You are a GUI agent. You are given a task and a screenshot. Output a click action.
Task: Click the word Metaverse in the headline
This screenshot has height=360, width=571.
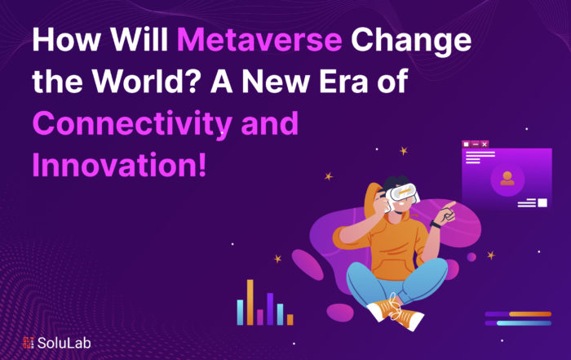tap(259, 39)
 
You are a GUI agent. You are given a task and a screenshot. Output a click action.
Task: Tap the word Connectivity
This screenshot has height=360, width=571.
tap(132, 124)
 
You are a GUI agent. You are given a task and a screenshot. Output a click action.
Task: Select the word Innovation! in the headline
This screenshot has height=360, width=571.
tap(119, 165)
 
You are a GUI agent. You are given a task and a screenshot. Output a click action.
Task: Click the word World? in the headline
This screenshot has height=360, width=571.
tap(146, 81)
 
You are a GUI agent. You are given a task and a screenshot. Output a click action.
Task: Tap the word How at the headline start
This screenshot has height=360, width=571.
tap(66, 39)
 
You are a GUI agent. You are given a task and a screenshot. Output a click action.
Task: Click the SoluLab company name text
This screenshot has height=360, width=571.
tap(64, 343)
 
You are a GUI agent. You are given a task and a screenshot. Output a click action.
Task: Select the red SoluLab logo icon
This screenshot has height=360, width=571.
tap(28, 343)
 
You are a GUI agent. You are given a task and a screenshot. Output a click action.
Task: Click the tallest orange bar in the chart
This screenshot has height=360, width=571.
tap(250, 302)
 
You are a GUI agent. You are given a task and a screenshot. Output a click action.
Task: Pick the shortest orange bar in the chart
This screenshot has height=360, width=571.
tap(290, 319)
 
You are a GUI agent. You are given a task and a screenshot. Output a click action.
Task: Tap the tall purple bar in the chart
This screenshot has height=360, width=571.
tap(270, 309)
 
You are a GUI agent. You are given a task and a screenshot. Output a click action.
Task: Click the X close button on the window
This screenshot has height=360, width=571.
tap(485, 144)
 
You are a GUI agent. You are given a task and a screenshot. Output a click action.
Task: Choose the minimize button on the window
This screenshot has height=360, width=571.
tap(476, 144)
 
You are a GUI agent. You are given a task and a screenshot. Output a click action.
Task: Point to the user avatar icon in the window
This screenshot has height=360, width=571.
tap(507, 179)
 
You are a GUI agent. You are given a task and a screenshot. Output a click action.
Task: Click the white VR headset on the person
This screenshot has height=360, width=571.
tap(401, 195)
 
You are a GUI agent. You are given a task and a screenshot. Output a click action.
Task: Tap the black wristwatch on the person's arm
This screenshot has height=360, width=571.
tap(435, 224)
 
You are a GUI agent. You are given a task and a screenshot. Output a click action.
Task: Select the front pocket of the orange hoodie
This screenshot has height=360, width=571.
tap(392, 268)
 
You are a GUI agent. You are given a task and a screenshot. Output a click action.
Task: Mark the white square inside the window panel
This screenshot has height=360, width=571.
tap(542, 202)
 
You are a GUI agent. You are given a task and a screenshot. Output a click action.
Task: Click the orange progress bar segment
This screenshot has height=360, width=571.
tap(530, 314)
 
